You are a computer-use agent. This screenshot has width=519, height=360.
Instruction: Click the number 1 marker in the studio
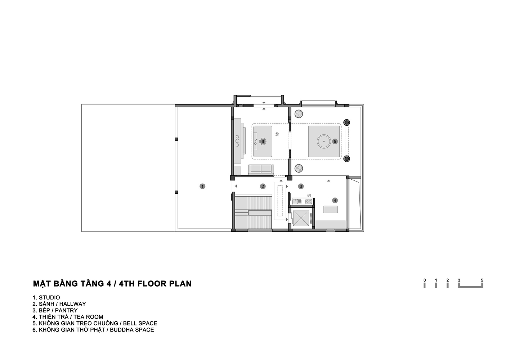tap(202, 186)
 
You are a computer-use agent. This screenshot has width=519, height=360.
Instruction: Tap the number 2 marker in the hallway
tap(263, 186)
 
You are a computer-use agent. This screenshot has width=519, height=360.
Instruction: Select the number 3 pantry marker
tap(301, 186)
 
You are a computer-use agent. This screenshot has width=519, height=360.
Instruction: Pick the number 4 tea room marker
tap(335, 201)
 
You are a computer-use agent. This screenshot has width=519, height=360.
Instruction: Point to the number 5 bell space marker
tap(335, 141)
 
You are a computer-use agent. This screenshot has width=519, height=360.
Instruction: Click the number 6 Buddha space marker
tap(263, 141)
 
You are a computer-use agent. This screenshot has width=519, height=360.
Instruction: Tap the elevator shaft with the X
tap(301, 218)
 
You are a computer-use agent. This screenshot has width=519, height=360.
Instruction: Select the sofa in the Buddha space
tap(261, 170)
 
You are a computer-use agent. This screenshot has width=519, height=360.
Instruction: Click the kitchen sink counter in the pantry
tap(303, 201)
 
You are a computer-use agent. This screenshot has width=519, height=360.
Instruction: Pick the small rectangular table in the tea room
tap(331, 210)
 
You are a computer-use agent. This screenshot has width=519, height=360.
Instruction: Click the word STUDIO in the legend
tap(49, 297)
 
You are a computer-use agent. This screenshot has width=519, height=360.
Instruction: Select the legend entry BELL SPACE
tap(140, 323)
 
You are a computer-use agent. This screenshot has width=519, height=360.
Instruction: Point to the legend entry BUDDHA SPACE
tap(132, 330)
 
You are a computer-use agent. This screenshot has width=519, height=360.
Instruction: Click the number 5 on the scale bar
tap(482, 280)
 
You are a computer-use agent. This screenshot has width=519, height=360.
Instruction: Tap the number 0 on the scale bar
tap(425, 280)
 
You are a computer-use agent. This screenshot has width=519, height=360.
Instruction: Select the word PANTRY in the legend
tap(66, 310)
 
